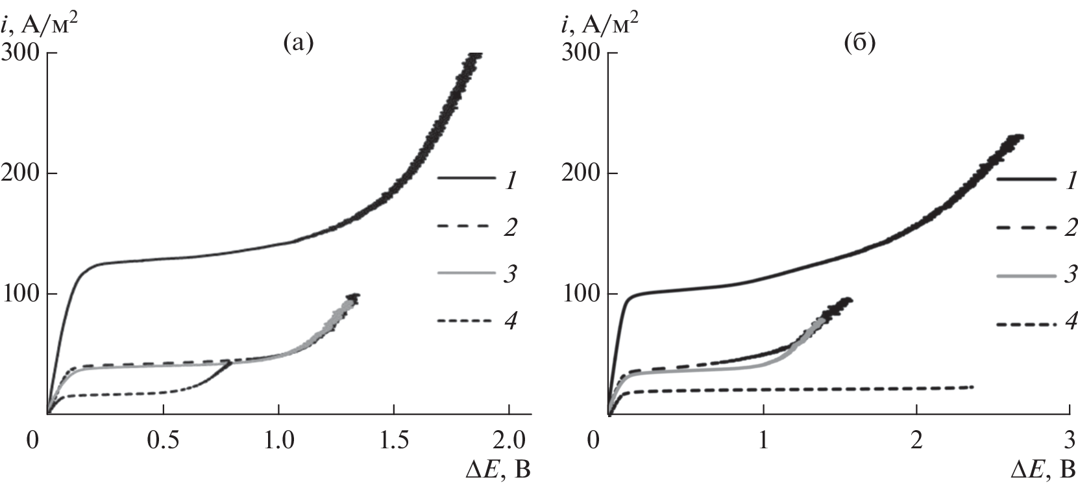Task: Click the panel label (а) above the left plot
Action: pyautogui.click(x=299, y=44)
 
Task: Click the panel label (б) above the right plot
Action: pyautogui.click(x=859, y=44)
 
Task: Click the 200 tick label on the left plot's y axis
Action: pyautogui.click(x=22, y=173)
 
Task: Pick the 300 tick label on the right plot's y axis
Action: pyautogui.click(x=582, y=53)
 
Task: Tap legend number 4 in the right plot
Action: pyautogui.click(x=1070, y=322)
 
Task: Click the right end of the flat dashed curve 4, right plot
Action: pyautogui.click(x=973, y=387)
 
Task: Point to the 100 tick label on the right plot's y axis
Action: pyautogui.click(x=582, y=294)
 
